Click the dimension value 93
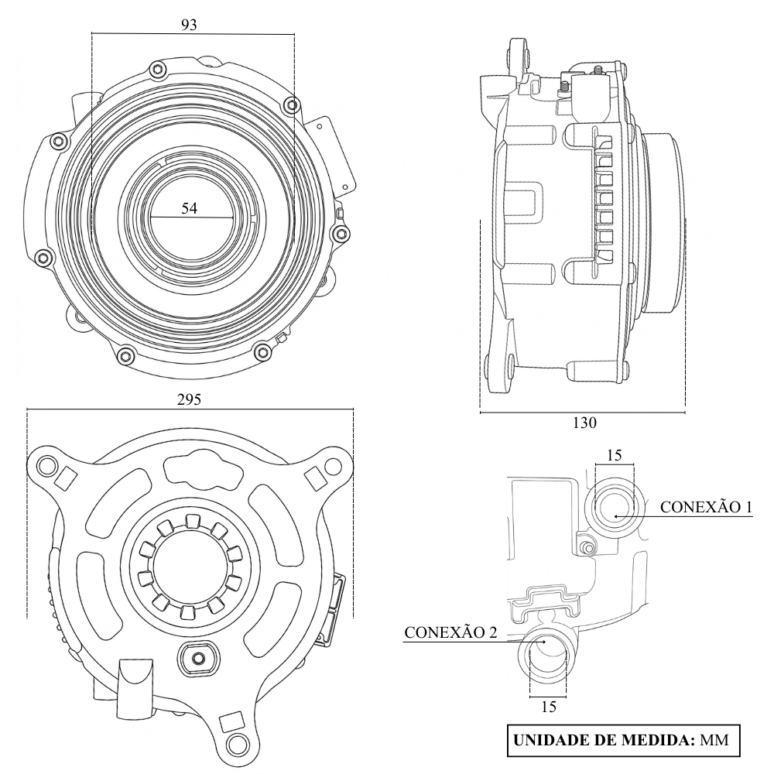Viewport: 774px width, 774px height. (189, 25)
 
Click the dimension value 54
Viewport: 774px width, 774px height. (189, 208)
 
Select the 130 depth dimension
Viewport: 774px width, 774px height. (584, 423)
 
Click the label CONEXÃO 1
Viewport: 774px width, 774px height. (706, 507)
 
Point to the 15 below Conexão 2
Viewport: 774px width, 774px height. (547, 706)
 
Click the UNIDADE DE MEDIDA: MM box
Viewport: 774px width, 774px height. (624, 739)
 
